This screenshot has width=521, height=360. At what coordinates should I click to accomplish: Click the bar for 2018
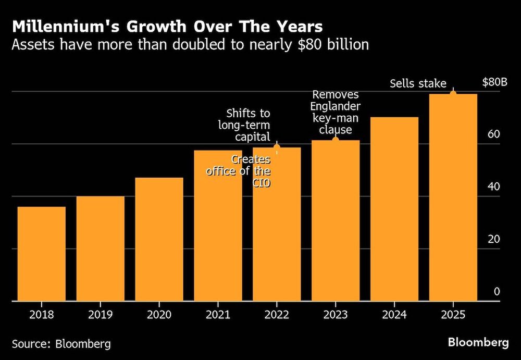[x=42, y=254]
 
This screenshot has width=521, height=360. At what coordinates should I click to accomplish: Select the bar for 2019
[x=101, y=249]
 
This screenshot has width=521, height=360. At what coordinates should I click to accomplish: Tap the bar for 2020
[x=159, y=239]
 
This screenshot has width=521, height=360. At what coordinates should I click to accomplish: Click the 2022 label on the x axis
[x=277, y=314]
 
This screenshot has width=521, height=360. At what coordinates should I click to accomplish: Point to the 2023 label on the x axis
[x=336, y=314]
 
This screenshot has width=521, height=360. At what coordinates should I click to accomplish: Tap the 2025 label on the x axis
[x=453, y=314]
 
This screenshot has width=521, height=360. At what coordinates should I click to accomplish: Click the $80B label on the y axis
[x=494, y=82]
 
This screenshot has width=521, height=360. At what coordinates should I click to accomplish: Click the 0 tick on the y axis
[x=497, y=292]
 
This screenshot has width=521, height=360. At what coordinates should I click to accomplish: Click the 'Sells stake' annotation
[x=418, y=83]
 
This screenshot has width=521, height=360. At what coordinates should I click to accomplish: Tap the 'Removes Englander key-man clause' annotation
[x=336, y=112]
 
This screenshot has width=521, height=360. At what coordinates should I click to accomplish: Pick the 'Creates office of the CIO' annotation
[x=240, y=171]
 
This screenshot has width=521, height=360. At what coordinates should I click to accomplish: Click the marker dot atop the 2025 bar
[x=453, y=93]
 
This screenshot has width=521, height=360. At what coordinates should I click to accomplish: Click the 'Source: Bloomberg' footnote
[x=61, y=344]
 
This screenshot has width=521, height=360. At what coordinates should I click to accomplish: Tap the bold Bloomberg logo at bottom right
[x=478, y=342]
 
